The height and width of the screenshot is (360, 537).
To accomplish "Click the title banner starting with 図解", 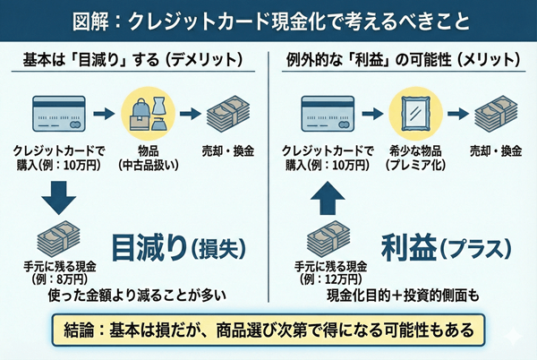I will pos(268,19).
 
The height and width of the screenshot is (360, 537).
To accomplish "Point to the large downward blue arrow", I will pos(55,194).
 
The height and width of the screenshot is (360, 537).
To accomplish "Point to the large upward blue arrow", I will pos(326,195).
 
